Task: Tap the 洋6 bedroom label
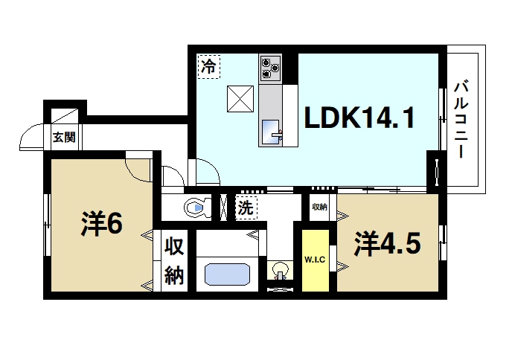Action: [x=102, y=225]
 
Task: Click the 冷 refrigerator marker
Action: [x=210, y=66]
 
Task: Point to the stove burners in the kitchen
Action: [x=269, y=68]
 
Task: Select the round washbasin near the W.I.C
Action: [x=283, y=269]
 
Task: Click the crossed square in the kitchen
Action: [x=241, y=98]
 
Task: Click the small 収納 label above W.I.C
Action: [x=319, y=208]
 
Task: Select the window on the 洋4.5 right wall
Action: [x=444, y=234]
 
